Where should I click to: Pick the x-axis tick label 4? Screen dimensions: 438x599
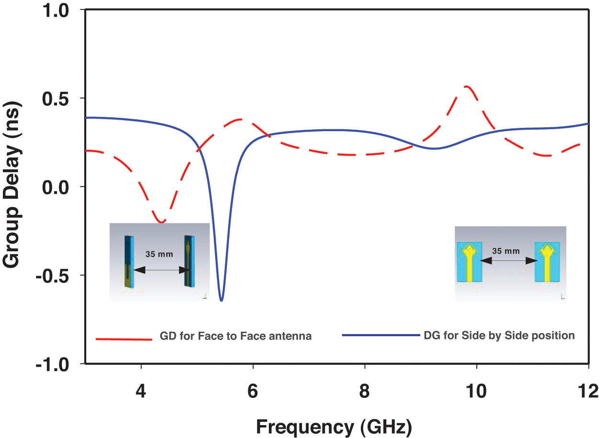141,391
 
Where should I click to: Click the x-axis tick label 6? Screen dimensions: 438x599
253,391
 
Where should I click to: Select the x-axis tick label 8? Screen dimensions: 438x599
365,391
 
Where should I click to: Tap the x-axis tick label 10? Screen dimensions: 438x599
477,391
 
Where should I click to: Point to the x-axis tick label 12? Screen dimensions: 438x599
588,391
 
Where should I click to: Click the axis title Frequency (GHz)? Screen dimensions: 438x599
334,426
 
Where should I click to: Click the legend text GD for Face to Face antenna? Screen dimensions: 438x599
236,337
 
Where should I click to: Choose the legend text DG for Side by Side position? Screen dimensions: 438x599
499,336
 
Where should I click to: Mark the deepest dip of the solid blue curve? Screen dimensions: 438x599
221,300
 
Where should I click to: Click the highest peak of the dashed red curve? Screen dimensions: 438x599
466,86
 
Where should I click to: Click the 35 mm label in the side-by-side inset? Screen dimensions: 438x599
506,251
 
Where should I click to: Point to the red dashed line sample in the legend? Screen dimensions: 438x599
124,339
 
